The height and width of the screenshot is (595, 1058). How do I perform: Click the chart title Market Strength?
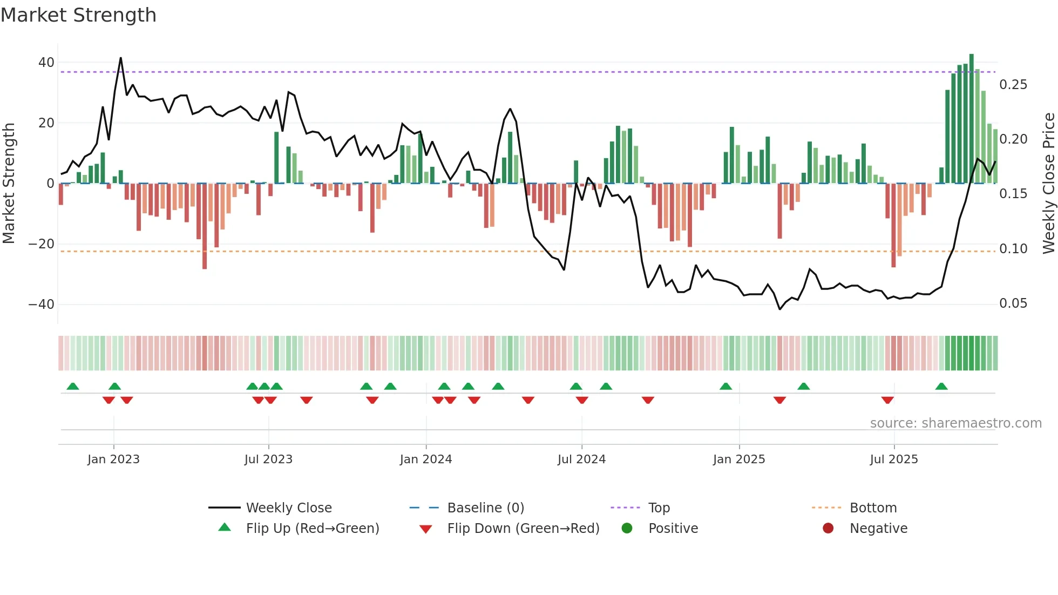pos(78,15)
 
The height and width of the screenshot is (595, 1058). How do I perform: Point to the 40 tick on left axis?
pos(46,63)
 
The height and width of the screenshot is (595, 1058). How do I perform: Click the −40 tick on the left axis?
pos(42,305)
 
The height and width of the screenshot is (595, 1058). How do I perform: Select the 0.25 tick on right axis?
pos(1013,85)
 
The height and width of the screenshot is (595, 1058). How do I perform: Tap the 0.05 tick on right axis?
pos(1013,303)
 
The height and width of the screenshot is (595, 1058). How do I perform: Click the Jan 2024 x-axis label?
pos(425,459)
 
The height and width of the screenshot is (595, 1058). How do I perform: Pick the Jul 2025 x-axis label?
pos(893,459)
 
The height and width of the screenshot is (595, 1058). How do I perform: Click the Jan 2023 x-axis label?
pos(113,459)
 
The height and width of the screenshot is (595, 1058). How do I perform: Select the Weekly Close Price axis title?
pos(1048,184)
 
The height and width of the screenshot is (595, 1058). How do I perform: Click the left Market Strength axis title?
pos(9,184)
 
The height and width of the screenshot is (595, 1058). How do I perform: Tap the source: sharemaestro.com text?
pos(955,423)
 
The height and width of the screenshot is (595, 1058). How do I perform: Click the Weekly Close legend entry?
pos(288,508)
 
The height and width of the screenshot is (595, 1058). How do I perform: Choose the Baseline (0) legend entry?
pos(485,508)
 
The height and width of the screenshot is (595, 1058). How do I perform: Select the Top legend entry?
pos(659,508)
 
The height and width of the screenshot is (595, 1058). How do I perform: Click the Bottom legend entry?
pos(873,508)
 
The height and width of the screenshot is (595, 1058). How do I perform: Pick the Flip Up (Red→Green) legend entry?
pos(312,529)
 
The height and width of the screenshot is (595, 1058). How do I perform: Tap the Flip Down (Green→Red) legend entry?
pos(523,529)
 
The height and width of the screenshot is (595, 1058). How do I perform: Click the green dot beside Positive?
pos(627,529)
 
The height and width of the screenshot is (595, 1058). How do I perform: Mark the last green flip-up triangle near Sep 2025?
pos(941,387)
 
